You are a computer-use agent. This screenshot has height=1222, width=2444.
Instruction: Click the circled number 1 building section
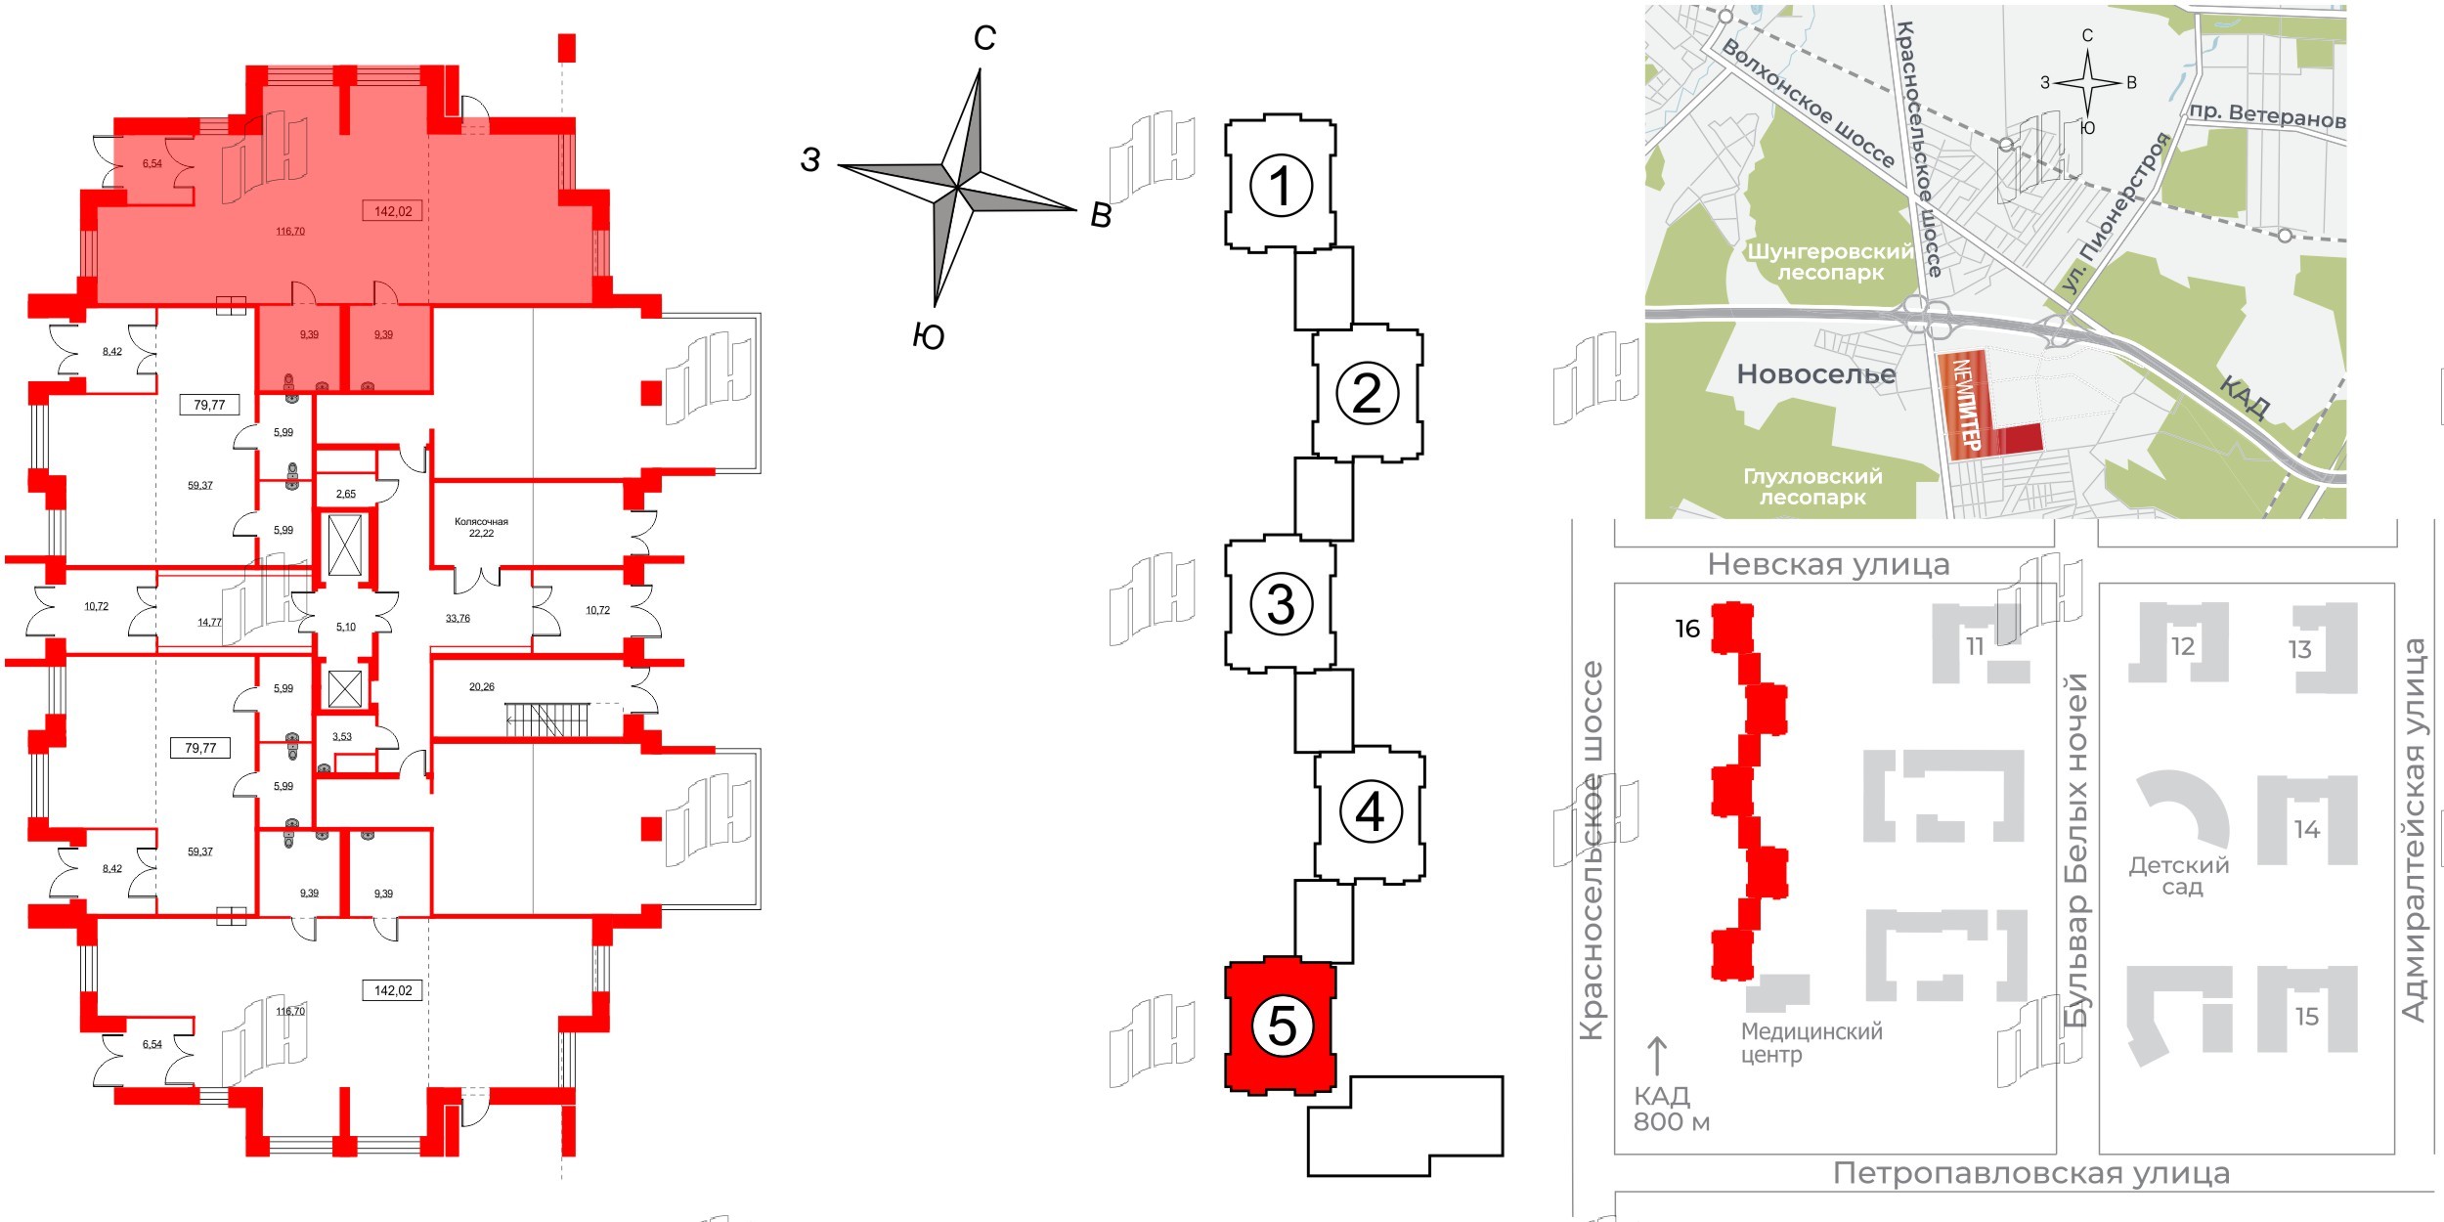tap(1281, 185)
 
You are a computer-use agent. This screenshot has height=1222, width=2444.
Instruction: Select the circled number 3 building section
tap(1281, 603)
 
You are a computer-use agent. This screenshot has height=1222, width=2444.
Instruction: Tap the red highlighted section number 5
tap(1281, 1026)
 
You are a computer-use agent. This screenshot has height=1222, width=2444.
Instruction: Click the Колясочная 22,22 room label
tap(481, 528)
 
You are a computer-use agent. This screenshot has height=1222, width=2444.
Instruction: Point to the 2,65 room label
tap(346, 495)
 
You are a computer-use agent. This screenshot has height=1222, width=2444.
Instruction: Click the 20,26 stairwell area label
tap(481, 687)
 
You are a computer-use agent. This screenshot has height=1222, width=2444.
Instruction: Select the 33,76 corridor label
tap(458, 619)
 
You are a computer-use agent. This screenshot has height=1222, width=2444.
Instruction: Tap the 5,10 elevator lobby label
tap(346, 628)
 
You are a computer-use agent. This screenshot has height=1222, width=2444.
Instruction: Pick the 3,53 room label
tap(342, 737)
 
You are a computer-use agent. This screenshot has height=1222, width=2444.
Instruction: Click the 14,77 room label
tap(209, 623)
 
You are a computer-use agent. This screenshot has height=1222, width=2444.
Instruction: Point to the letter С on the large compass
tap(984, 38)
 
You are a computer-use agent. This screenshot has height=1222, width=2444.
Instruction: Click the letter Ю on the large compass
tap(928, 337)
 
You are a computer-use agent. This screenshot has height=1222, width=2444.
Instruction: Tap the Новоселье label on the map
tap(1815, 374)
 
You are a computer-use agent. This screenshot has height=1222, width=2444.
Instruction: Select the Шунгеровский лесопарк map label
tap(1829, 262)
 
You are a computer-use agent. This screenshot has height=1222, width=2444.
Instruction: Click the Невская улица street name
tap(1828, 565)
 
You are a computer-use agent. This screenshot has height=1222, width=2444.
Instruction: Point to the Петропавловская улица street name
tap(2031, 1173)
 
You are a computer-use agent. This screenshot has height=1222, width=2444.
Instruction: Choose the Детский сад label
tap(2180, 876)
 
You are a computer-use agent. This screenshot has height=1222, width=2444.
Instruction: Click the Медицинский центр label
tap(1811, 1043)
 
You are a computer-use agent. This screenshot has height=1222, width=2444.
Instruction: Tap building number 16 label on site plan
tap(1687, 629)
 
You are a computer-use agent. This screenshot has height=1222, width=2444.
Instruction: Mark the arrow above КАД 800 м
tap(1657, 1057)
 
